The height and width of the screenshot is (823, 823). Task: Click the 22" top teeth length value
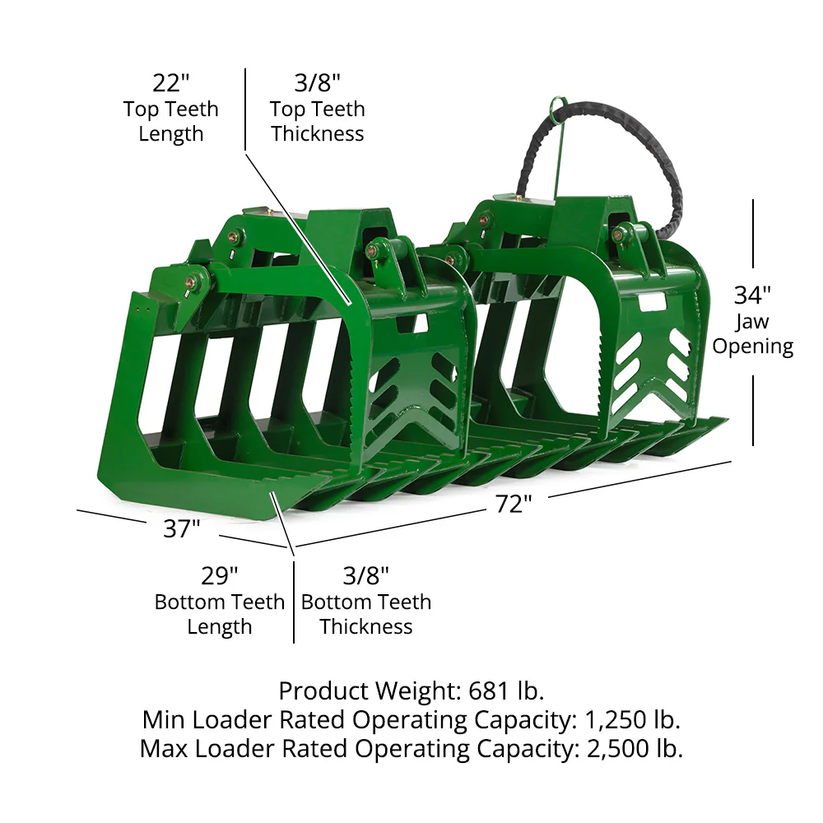(x=170, y=83)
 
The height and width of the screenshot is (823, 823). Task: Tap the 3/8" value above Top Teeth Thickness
(x=317, y=83)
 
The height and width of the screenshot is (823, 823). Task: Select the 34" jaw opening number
(x=752, y=295)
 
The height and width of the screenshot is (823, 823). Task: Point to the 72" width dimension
(x=514, y=504)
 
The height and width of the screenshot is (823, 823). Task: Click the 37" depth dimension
(x=182, y=528)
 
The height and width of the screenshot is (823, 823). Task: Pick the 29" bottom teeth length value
(x=220, y=576)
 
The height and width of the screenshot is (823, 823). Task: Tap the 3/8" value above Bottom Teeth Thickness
(x=366, y=576)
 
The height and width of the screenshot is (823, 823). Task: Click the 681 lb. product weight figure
(x=506, y=690)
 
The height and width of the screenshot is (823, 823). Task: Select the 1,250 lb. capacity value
(x=632, y=720)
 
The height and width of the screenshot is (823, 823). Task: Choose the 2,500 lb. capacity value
(x=635, y=749)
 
